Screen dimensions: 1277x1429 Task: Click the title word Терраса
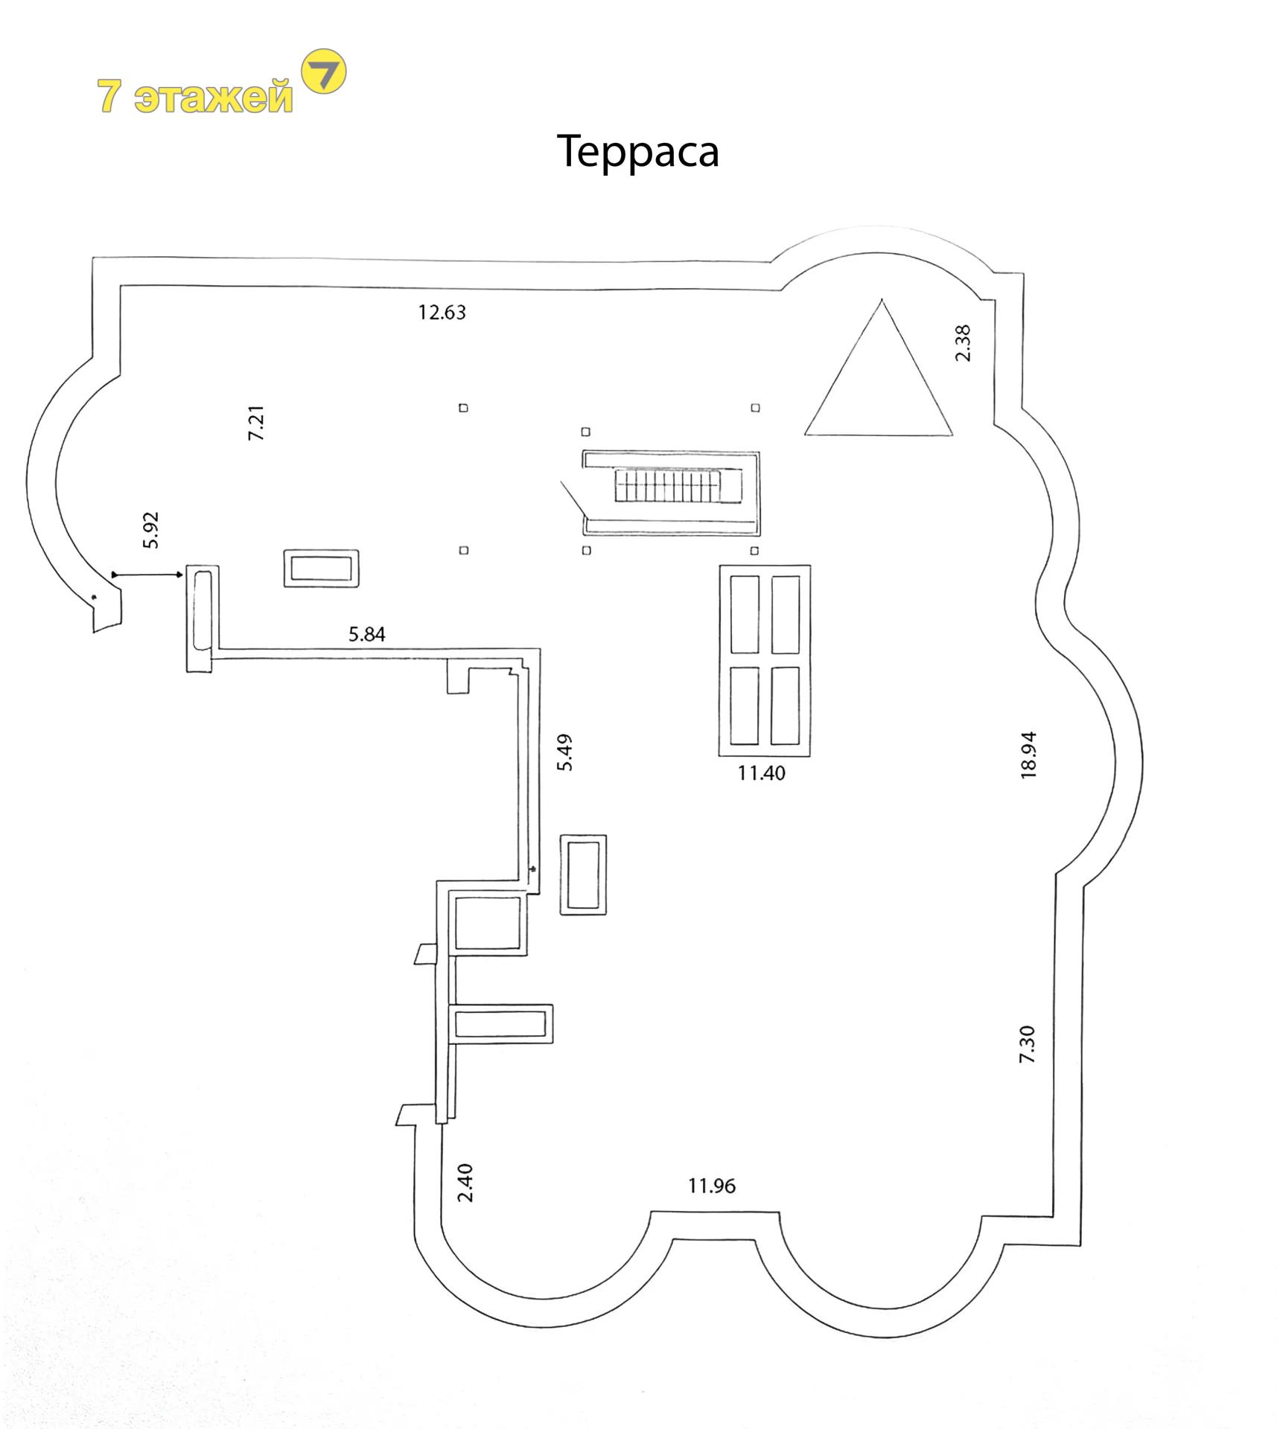tap(637, 153)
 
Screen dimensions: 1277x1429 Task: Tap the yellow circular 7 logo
tap(324, 71)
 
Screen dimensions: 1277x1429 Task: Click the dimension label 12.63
tap(442, 312)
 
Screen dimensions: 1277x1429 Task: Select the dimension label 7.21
tap(256, 423)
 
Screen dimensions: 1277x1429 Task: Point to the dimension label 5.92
tap(150, 530)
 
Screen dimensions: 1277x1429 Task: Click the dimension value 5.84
tap(367, 634)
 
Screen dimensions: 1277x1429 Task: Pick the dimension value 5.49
tap(565, 752)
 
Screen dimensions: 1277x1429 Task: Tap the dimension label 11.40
tap(761, 773)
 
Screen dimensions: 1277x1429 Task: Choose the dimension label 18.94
tap(1028, 755)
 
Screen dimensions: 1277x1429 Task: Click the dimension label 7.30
tap(1027, 1043)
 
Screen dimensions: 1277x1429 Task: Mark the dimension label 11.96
tap(711, 1186)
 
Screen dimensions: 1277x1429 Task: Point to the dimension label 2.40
tap(465, 1183)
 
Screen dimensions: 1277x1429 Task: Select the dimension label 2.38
tap(963, 343)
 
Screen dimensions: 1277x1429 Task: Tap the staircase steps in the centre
tap(668, 485)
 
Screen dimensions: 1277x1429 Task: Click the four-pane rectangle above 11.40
tap(765, 660)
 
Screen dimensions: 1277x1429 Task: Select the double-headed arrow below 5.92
tap(147, 575)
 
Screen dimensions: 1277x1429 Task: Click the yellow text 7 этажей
tap(195, 96)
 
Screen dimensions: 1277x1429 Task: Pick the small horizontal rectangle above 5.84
tap(321, 569)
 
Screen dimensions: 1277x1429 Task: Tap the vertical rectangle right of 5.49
tap(583, 875)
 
